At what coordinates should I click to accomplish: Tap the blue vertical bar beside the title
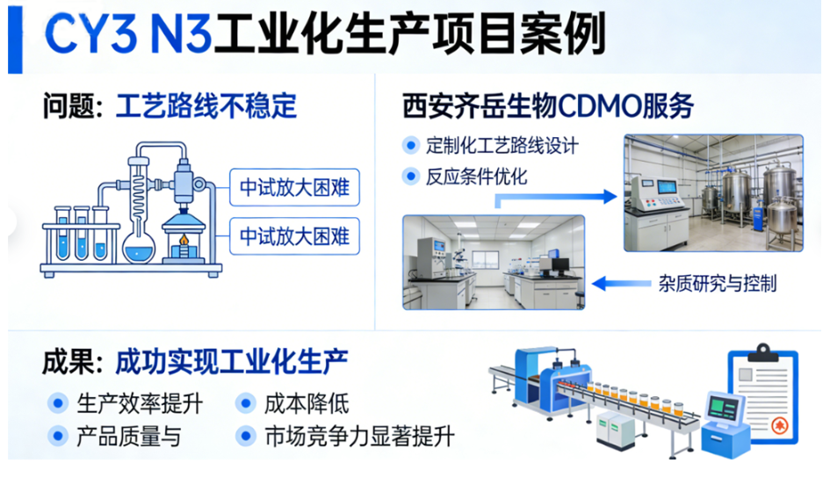(x=15, y=40)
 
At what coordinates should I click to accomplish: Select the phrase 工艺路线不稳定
(x=206, y=106)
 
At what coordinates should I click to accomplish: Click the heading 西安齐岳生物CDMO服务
(x=548, y=106)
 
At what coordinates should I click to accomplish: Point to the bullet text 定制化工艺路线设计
(x=502, y=145)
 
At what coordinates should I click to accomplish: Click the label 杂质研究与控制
(x=718, y=284)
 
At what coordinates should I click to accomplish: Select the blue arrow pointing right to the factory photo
(x=556, y=198)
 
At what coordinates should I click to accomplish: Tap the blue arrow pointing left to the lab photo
(x=622, y=284)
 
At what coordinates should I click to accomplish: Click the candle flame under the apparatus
(x=184, y=241)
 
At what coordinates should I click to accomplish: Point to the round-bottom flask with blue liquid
(x=139, y=246)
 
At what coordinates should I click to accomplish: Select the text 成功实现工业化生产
(x=232, y=362)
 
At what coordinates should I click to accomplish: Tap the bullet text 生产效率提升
(x=140, y=404)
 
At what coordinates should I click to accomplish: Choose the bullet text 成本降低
(x=307, y=404)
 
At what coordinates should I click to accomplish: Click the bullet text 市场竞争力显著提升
(x=359, y=437)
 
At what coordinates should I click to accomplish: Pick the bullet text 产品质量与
(x=129, y=437)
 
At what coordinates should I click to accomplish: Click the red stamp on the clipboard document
(x=779, y=425)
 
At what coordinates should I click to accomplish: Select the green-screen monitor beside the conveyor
(x=725, y=408)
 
